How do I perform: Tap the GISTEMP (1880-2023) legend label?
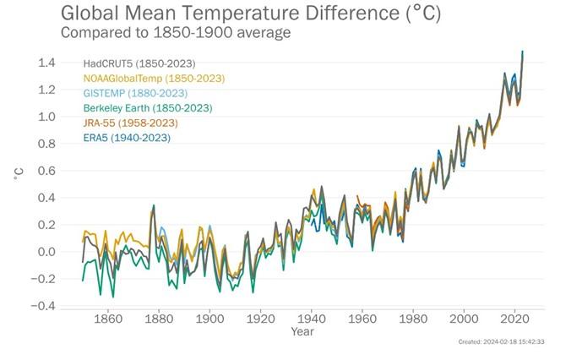(135, 93)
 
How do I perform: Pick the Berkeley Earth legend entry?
(147, 108)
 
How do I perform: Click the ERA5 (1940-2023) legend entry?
(128, 137)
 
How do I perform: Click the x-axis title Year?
(303, 333)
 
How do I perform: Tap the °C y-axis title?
(19, 173)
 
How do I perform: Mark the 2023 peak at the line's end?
(523, 52)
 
